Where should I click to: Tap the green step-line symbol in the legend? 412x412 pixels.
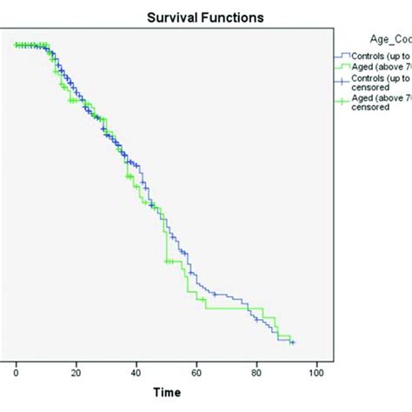click(341, 64)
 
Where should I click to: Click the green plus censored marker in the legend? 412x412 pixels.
click(341, 100)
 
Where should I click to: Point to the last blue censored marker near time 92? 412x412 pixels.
click(292, 342)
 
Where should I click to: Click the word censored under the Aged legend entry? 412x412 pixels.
click(369, 108)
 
